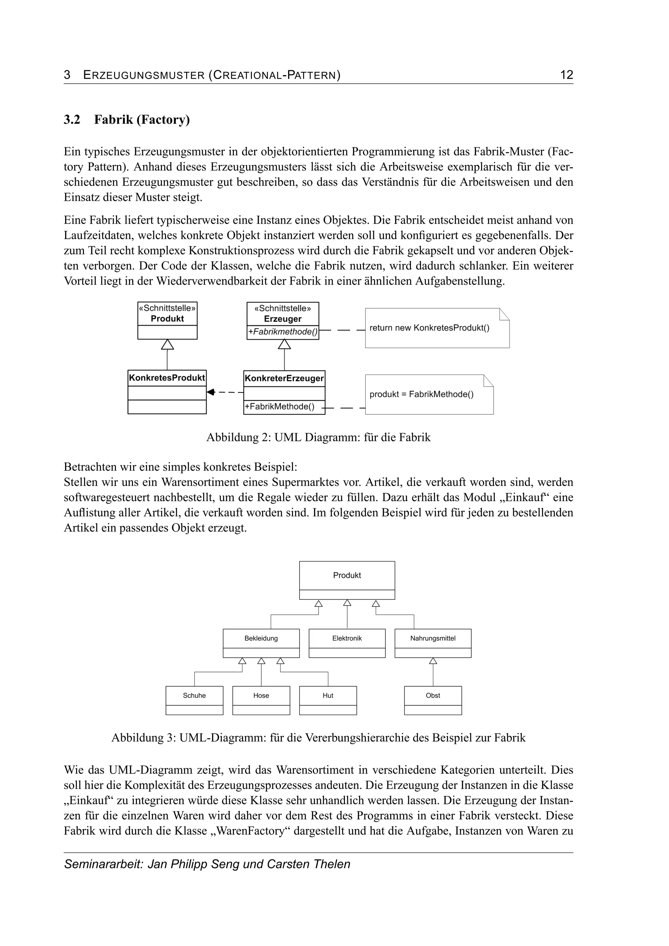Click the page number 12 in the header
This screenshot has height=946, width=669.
tap(566, 75)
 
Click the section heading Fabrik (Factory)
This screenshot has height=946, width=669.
tap(142, 120)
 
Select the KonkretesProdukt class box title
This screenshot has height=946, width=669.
tap(167, 378)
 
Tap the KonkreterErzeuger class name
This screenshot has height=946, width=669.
tap(284, 378)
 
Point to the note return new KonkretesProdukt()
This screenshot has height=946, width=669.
tap(429, 328)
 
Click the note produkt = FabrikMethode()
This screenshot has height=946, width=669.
tap(421, 394)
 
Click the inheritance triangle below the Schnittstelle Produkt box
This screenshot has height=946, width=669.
tap(167, 344)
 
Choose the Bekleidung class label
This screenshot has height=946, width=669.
tap(261, 638)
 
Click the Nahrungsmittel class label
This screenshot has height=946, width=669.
tap(432, 638)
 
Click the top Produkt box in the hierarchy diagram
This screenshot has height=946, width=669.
tap(347, 576)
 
